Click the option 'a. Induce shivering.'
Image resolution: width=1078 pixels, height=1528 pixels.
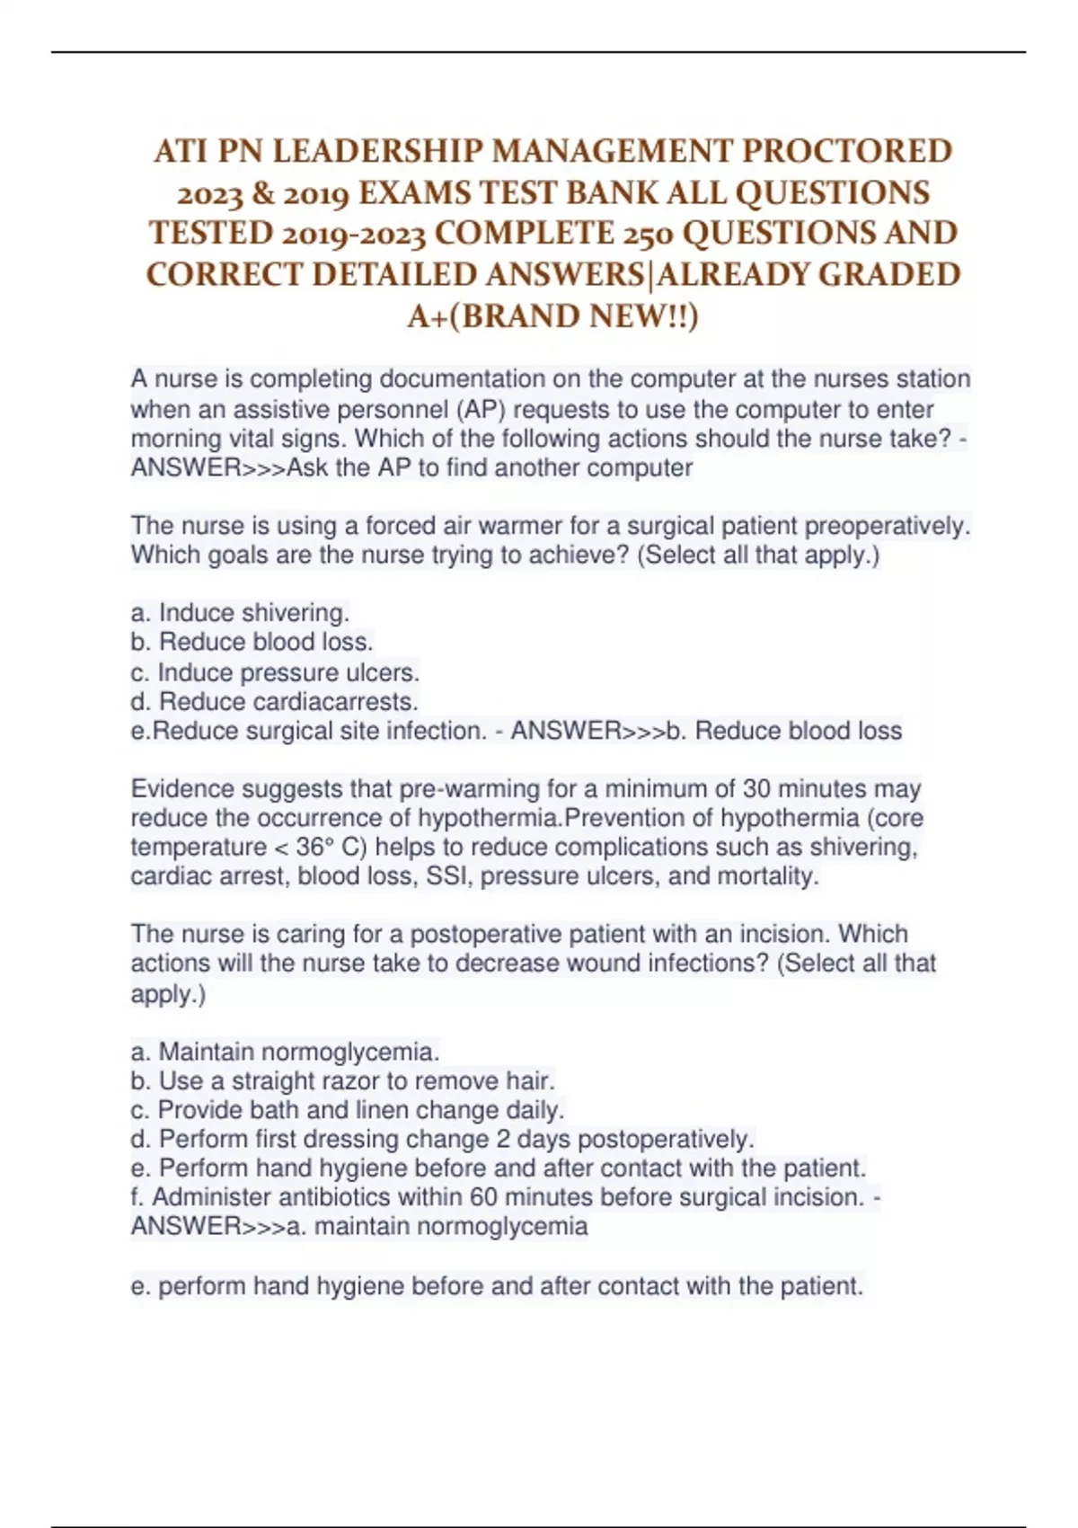coord(240,613)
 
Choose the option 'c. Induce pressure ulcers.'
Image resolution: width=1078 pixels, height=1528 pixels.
coord(275,672)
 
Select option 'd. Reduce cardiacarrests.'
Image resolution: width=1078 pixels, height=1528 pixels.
coord(274,701)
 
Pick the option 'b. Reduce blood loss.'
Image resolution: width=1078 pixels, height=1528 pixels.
coord(252,642)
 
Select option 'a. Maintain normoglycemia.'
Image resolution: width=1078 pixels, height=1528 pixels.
coord(285,1052)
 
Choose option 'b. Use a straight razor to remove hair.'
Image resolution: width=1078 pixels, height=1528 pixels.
coord(342,1080)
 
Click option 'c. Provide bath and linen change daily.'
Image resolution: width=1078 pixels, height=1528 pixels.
coord(347,1109)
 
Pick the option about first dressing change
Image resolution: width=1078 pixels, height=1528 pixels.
coord(442,1139)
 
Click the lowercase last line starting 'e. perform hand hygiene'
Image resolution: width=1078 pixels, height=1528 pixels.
coord(497,1286)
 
